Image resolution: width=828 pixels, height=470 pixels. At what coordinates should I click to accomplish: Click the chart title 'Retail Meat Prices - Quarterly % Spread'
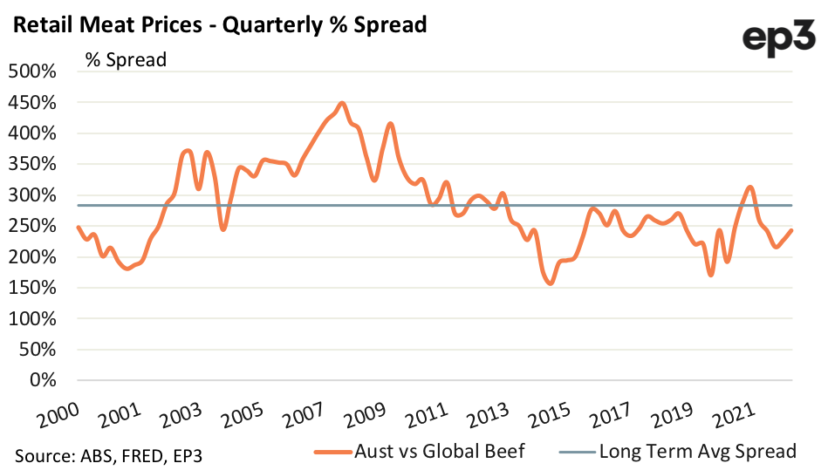tap(218, 24)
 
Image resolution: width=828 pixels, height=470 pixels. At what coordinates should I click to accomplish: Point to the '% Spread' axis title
tap(126, 60)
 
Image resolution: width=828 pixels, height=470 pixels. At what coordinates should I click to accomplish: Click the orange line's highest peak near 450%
tap(342, 103)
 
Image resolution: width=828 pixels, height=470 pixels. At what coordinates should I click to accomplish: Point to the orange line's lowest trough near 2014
tap(550, 283)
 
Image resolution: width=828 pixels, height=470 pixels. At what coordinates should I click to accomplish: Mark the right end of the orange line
tap(791, 230)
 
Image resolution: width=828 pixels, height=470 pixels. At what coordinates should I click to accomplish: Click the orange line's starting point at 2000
tap(78, 227)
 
